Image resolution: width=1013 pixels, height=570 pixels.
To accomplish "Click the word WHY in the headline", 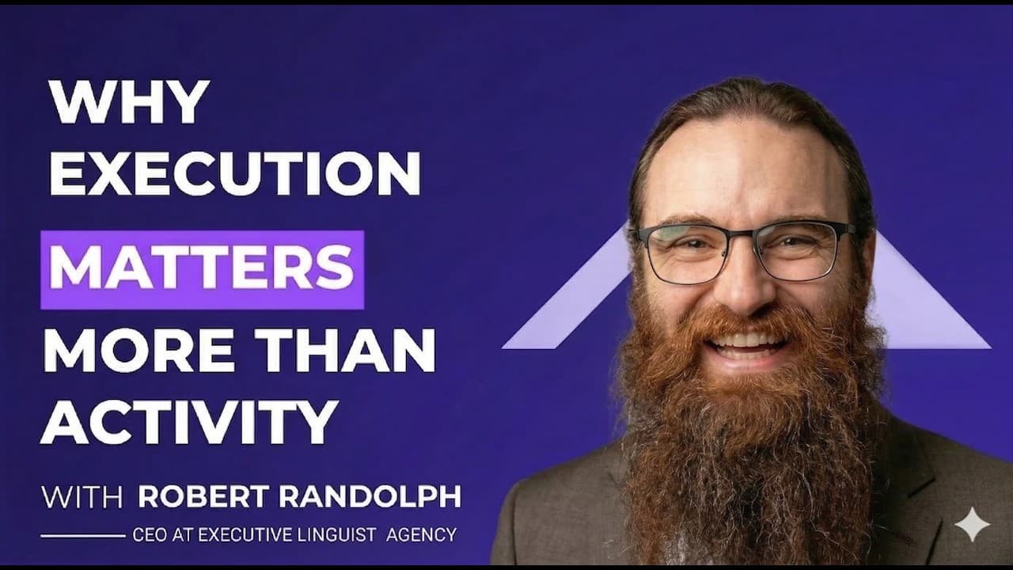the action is (131, 102).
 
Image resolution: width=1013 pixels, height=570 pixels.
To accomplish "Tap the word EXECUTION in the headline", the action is (235, 173).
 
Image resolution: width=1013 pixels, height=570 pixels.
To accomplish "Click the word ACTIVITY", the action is (189, 422).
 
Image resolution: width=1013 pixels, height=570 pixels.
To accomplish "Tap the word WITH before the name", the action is (82, 496).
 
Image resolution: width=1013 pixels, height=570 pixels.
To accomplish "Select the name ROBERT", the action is (203, 496).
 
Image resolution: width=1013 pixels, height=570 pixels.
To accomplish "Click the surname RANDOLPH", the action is (370, 496).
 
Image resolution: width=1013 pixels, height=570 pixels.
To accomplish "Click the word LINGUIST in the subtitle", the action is (336, 535).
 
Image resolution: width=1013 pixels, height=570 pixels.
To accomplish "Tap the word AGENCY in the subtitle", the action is (422, 535).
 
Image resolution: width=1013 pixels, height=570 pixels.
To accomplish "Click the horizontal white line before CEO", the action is (83, 536).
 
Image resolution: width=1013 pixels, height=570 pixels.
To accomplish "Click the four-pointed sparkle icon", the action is (973, 525).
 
